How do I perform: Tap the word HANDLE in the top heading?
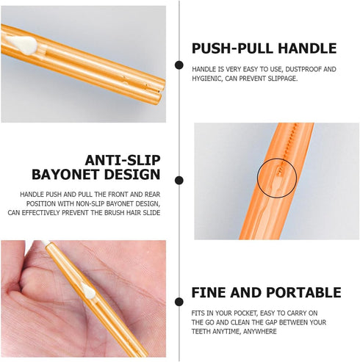pyautogui.click(x=307, y=48)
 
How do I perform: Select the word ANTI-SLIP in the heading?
pyautogui.click(x=123, y=161)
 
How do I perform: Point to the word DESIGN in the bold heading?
pyautogui.click(x=132, y=175)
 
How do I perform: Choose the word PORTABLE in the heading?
pyautogui.click(x=303, y=292)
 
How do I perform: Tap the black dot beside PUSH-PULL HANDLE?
pyautogui.click(x=179, y=65)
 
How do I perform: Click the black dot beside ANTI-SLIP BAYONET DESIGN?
pyautogui.click(x=179, y=181)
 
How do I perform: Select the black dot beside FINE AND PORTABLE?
pyautogui.click(x=179, y=302)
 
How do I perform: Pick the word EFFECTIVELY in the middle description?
pyautogui.click(x=40, y=213)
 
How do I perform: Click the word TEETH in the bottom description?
pyautogui.click(x=199, y=331)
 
